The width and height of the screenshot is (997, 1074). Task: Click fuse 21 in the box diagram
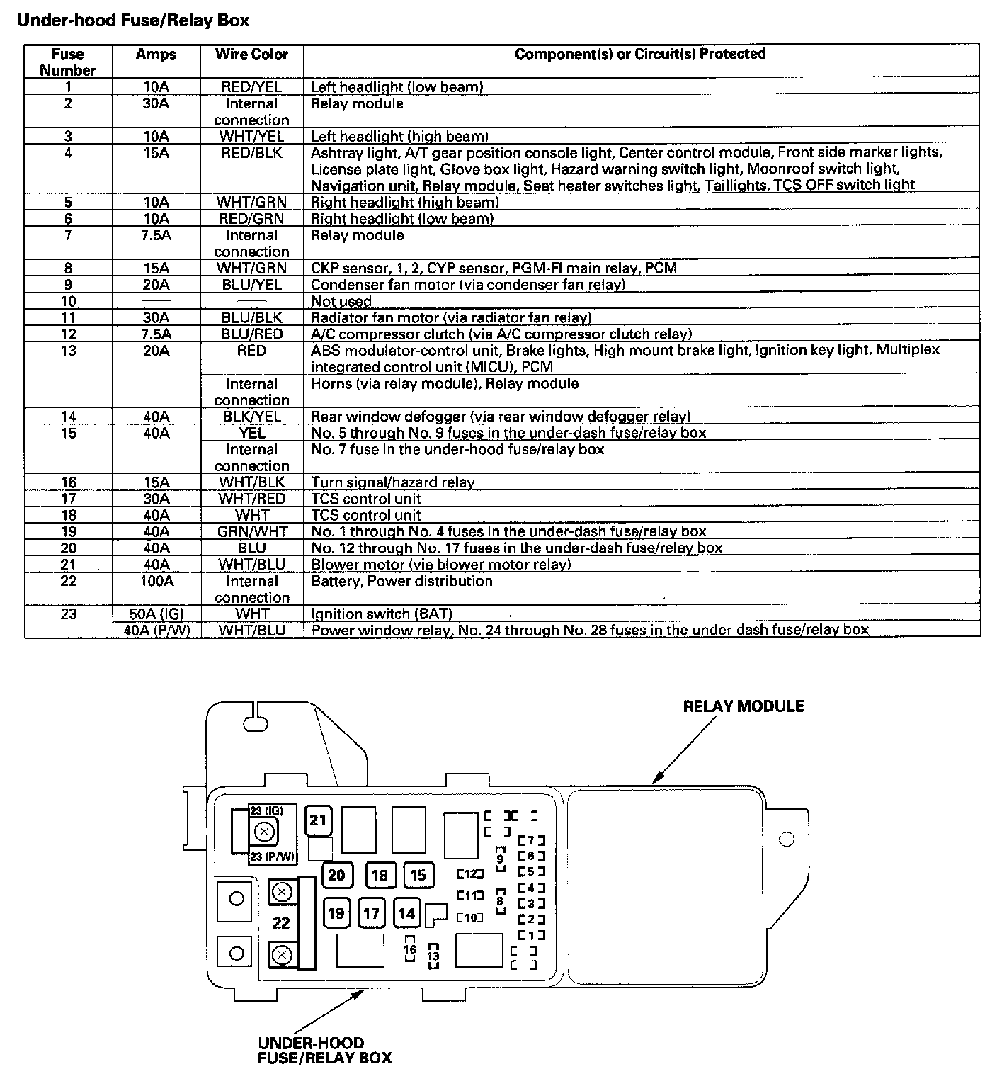click(x=318, y=820)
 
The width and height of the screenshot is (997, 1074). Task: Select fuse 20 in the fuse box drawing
click(x=336, y=875)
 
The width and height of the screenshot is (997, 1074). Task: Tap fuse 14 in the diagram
click(x=406, y=913)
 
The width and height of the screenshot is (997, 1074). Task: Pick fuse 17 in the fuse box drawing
click(x=371, y=913)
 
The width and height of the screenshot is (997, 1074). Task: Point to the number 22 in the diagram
click(x=281, y=922)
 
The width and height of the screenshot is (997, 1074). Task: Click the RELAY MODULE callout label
click(x=743, y=706)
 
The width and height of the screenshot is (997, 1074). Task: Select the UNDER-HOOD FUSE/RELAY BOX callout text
click(x=324, y=1051)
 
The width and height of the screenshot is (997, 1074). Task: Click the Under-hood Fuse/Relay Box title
click(x=132, y=21)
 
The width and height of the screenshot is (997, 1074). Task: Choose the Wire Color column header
click(x=251, y=55)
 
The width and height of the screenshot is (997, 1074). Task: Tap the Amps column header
click(x=156, y=55)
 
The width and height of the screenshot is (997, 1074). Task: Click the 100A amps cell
click(x=156, y=581)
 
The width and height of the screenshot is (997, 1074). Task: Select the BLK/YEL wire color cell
click(x=251, y=417)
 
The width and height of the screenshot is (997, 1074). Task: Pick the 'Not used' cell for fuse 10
click(x=341, y=301)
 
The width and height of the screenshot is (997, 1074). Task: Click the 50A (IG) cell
click(x=156, y=614)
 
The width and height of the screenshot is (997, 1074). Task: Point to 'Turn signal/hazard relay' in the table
click(x=393, y=482)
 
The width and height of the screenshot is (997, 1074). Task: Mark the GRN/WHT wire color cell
click(x=251, y=531)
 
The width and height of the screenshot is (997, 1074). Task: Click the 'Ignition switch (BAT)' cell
click(x=382, y=614)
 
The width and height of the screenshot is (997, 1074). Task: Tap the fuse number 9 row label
click(x=68, y=285)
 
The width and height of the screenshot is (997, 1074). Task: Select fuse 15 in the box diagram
click(x=418, y=875)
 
